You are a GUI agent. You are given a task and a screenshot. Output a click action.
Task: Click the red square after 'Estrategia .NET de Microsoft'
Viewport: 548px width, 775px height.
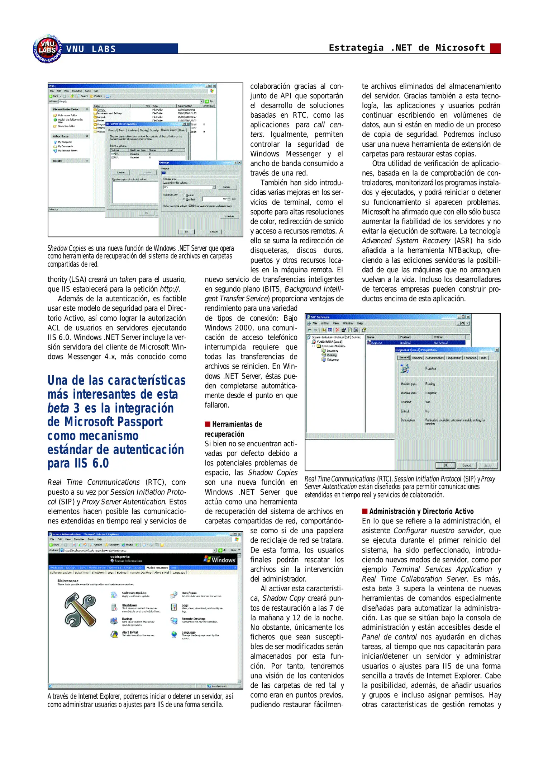(495, 48)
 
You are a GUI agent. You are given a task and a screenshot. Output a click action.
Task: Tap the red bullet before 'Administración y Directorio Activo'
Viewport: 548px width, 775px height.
(364, 511)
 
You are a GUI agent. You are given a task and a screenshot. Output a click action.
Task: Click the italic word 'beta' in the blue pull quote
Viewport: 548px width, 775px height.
(58, 408)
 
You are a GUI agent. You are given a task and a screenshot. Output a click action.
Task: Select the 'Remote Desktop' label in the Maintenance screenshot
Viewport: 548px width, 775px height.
(193, 619)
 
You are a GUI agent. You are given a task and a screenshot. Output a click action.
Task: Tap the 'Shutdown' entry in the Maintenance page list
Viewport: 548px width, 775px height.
(129, 605)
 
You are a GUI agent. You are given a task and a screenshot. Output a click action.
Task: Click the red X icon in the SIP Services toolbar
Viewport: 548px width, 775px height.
(337, 330)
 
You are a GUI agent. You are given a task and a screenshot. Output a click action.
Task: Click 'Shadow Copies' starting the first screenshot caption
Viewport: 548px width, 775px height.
(67, 248)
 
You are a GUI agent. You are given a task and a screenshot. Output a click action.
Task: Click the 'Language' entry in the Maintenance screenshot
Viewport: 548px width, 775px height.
(189, 632)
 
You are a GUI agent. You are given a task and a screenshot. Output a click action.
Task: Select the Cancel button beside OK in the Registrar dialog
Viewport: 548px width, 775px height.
(466, 465)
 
